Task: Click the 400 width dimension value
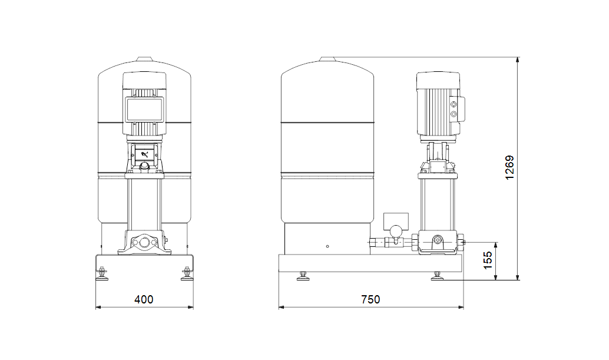[144, 299]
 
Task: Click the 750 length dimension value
[370, 299]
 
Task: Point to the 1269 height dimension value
[509, 167]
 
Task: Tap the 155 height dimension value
[488, 260]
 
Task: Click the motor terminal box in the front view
[144, 109]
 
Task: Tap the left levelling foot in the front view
[102, 273]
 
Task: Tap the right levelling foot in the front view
[187, 273]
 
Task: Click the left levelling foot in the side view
[303, 276]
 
